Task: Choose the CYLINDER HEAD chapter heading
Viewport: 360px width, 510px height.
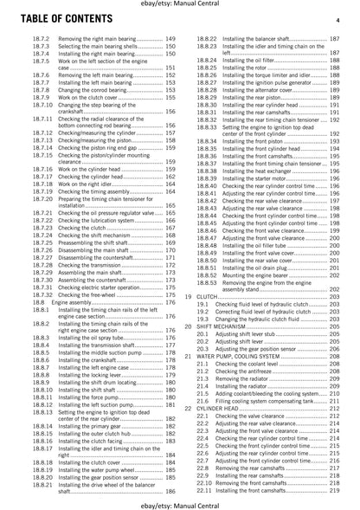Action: [227, 431]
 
